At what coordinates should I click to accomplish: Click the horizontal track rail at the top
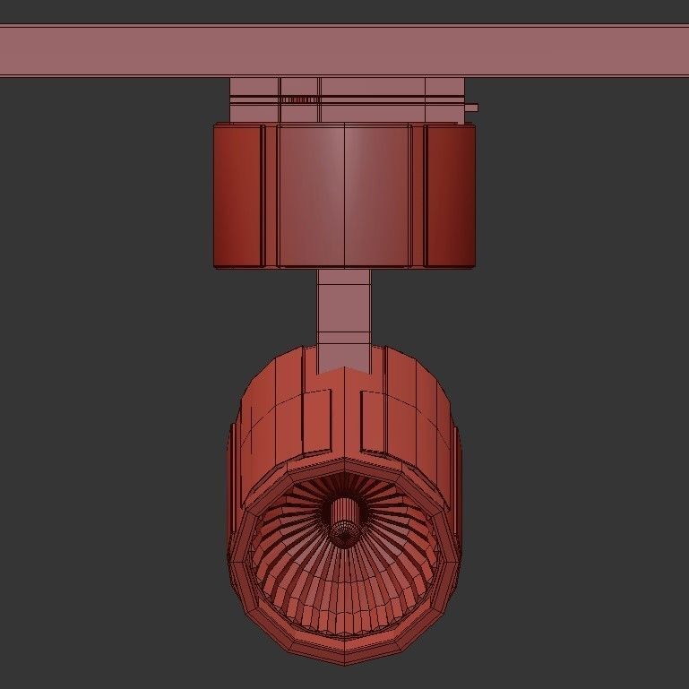click(x=344, y=50)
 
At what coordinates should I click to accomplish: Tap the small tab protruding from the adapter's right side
click(x=471, y=108)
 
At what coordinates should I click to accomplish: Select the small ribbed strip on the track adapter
click(x=300, y=99)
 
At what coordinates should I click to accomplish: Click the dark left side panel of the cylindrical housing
click(x=237, y=195)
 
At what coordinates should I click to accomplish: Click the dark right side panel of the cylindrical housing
click(x=450, y=195)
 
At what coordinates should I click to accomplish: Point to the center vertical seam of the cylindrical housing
click(x=345, y=195)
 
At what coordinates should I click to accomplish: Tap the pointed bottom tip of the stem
click(x=344, y=368)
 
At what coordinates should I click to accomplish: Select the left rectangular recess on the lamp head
click(x=315, y=419)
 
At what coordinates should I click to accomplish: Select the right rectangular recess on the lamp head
click(x=374, y=419)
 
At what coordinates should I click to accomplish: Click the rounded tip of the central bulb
click(x=343, y=534)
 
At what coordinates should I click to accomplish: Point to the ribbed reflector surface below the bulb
click(x=344, y=591)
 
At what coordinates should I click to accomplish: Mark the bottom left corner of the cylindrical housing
click(x=215, y=265)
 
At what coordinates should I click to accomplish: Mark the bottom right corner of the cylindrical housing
click(x=474, y=265)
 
